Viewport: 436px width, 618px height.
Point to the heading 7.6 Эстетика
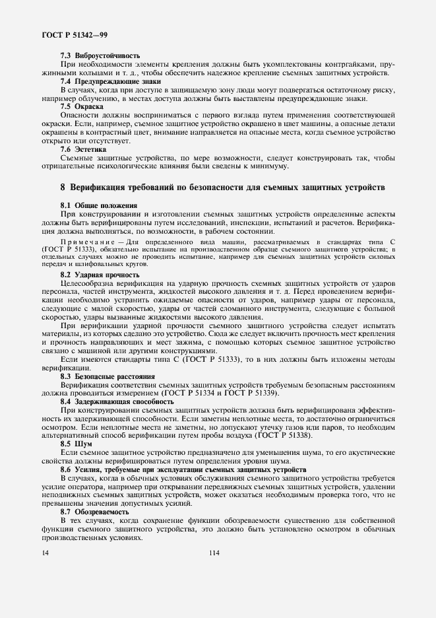83,149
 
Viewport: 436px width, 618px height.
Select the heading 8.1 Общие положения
99,205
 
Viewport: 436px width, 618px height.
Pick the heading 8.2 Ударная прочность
100,273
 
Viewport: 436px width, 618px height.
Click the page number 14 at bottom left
45,553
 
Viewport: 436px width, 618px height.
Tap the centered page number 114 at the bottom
214,553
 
